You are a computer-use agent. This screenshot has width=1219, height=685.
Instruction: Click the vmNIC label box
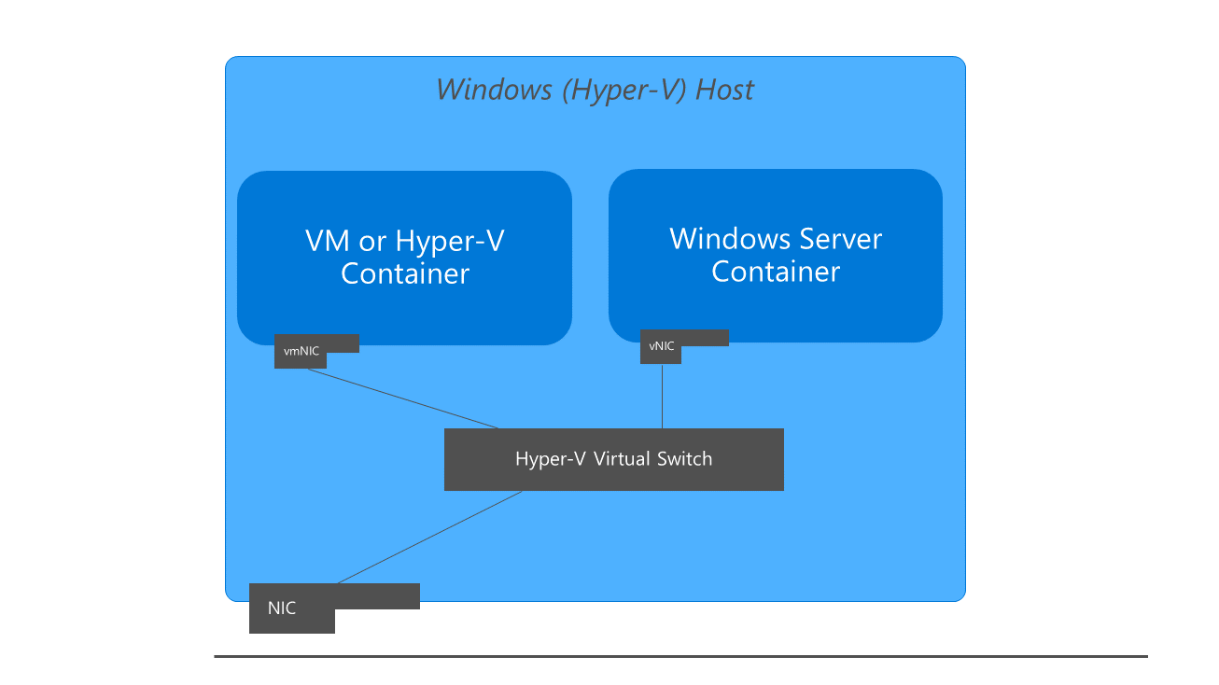coord(301,352)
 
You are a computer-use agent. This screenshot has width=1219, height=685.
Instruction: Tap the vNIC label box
coord(662,346)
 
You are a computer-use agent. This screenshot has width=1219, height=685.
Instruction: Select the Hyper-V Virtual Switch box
coord(613,459)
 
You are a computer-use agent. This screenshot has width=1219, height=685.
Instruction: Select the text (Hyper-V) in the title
coord(623,90)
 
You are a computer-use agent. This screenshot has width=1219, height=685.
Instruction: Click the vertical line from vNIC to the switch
coord(662,396)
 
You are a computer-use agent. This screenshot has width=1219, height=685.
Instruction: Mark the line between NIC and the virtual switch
coord(429,538)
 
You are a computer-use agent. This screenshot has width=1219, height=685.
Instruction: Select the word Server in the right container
coord(834,239)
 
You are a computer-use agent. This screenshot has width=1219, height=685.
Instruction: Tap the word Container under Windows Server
coord(775,272)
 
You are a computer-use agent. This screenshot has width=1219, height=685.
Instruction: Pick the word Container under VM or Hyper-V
coord(404,273)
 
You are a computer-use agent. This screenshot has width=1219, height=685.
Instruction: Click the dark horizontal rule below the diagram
coord(680,656)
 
